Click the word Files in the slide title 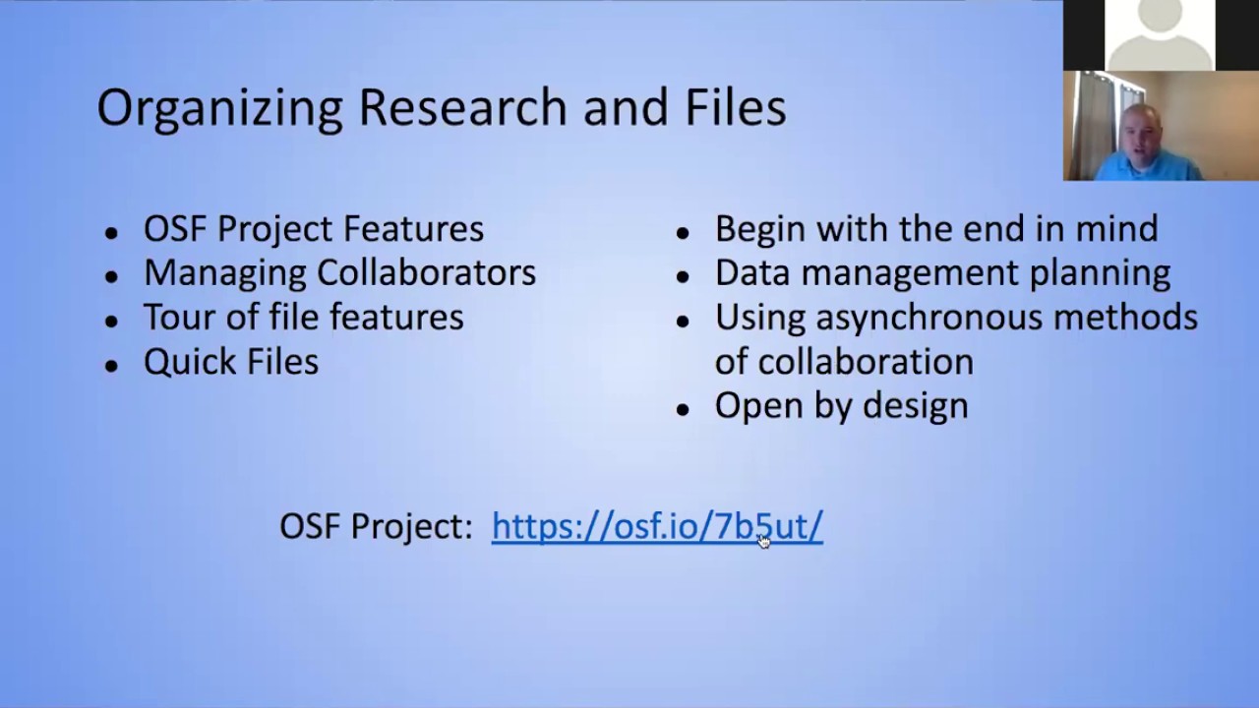click(x=734, y=106)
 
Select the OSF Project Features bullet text click(x=313, y=229)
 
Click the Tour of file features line click(x=303, y=318)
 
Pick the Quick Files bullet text click(x=231, y=362)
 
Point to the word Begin click(x=760, y=229)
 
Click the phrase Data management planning click(x=941, y=273)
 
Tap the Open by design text click(x=841, y=406)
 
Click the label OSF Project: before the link click(x=376, y=527)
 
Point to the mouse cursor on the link click(x=764, y=540)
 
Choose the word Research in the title click(x=462, y=106)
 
